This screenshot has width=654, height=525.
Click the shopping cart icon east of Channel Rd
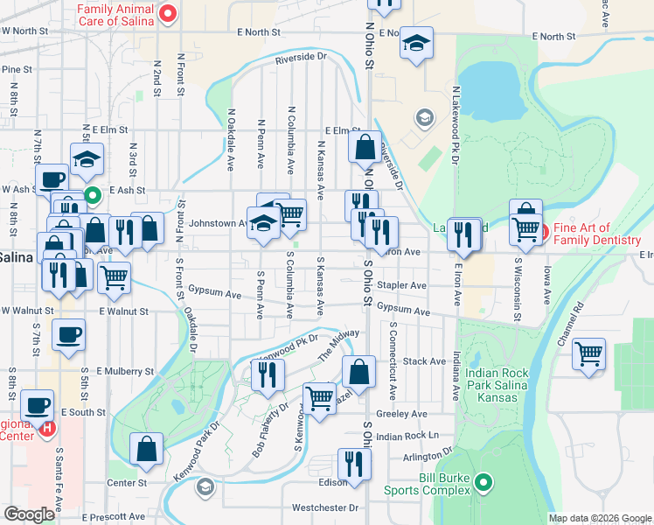coord(589,354)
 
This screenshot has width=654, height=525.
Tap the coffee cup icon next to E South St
coord(38,406)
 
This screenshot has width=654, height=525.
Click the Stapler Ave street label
coord(401,285)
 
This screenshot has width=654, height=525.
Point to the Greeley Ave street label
coord(401,413)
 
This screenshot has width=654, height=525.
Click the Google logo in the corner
coord(29,514)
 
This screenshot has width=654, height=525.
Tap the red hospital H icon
coord(48,430)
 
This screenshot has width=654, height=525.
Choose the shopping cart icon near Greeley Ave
coord(319,399)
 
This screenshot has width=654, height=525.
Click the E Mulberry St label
coord(125,371)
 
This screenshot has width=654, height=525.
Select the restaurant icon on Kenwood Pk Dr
coord(268,374)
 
